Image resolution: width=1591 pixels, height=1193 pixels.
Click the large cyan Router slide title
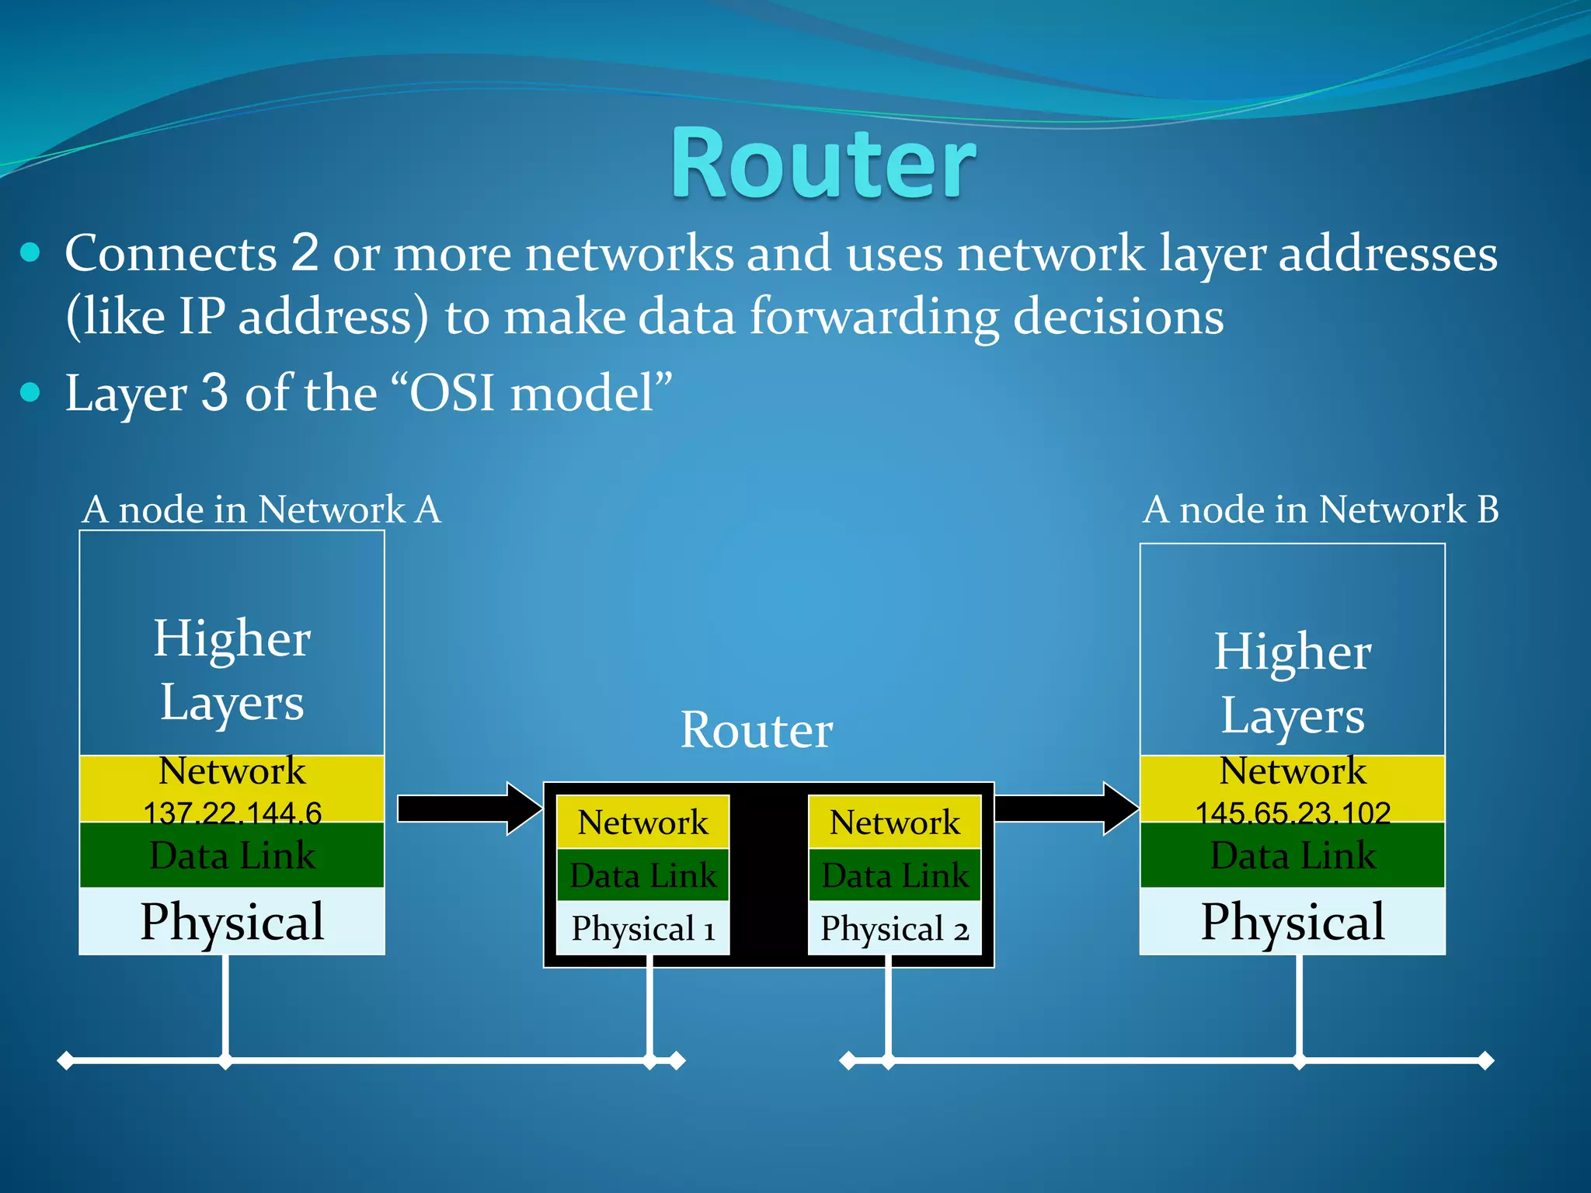[823, 165]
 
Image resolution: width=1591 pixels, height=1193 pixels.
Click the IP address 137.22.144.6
[232, 812]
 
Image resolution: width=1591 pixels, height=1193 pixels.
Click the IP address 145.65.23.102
[1293, 812]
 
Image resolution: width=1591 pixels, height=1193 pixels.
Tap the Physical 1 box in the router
[643, 928]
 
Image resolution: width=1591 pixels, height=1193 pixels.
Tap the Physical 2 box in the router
[895, 928]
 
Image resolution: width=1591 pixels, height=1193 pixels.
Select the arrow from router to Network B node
[1065, 809]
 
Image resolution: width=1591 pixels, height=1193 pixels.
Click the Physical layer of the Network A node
[232, 921]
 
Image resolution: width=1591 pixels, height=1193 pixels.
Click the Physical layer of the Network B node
[1293, 921]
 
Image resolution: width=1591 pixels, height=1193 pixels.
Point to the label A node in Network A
[262, 510]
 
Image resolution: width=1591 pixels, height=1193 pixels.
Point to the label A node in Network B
[1321, 510]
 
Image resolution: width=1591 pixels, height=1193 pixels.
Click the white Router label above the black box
[757, 730]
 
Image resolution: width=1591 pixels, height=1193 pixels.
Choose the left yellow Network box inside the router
[643, 822]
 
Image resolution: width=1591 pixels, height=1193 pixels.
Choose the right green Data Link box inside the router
[895, 875]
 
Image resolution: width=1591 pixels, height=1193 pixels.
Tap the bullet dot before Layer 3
[30, 392]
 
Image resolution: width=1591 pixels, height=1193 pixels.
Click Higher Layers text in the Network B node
[1293, 683]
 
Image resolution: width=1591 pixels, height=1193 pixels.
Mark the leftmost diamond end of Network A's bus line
[66, 1060]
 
